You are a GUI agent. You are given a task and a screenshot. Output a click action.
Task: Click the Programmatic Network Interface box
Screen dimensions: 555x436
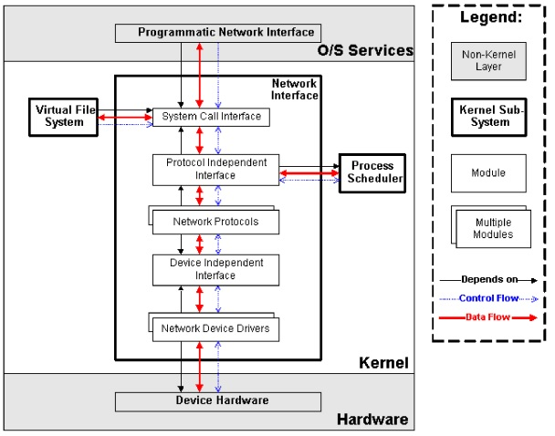tap(218, 33)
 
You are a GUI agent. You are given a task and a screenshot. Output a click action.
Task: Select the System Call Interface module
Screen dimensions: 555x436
tap(211, 117)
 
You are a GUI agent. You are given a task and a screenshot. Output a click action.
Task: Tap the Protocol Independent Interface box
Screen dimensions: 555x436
tap(216, 170)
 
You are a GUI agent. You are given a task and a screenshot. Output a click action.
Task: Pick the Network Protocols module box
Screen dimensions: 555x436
tap(215, 222)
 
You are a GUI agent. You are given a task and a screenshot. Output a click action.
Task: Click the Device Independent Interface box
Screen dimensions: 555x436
tap(216, 270)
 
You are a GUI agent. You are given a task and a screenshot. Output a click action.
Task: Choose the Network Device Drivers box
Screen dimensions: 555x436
tap(215, 329)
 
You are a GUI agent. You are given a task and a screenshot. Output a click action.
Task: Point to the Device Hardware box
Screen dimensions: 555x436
tap(218, 401)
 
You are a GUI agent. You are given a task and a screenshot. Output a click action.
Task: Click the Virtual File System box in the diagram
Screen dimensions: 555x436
tap(63, 117)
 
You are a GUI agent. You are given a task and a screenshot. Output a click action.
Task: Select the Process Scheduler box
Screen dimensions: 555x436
tap(372, 173)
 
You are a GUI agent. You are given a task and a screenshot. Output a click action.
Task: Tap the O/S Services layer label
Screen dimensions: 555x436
tap(365, 50)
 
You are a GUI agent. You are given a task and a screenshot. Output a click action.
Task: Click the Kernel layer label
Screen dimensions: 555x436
tap(383, 363)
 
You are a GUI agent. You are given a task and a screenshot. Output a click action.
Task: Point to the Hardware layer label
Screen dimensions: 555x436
tap(372, 420)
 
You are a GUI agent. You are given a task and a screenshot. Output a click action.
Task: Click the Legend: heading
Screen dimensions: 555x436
tap(491, 17)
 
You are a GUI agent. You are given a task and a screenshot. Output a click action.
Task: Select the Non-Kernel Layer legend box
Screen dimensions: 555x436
tap(488, 61)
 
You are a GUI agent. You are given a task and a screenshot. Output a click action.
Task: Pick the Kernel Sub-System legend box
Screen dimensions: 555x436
tap(488, 117)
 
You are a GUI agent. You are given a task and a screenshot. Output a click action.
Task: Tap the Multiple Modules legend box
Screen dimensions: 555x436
tap(494, 229)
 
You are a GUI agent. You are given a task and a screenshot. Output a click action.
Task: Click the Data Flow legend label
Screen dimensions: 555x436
tap(487, 317)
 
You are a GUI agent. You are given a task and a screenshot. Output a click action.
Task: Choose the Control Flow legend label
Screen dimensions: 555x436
tap(488, 298)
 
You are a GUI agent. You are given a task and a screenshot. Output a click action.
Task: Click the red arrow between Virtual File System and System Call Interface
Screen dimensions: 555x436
tap(125, 118)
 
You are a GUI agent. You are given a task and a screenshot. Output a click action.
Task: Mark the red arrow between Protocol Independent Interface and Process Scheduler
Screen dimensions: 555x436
tap(309, 173)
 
